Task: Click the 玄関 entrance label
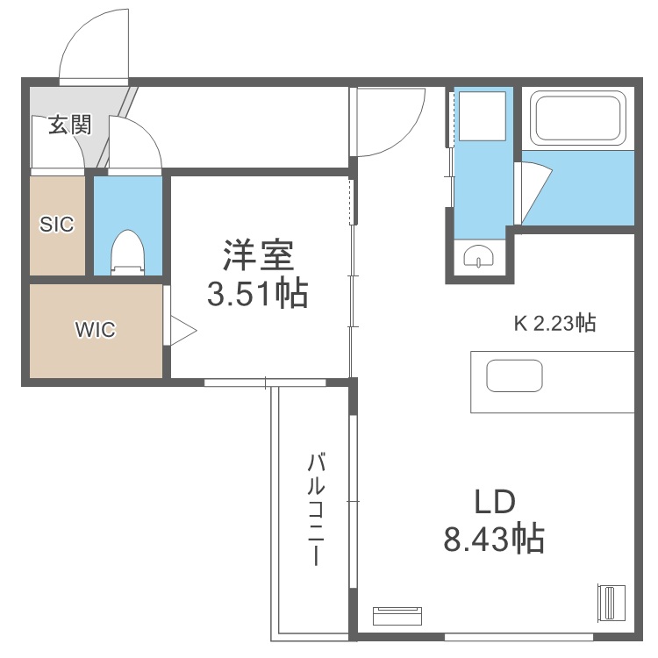[x=69, y=125]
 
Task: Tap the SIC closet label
[x=57, y=224]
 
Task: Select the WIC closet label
[x=96, y=330]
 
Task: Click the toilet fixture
[x=128, y=252]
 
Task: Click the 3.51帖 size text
[x=257, y=294]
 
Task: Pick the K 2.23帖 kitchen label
[x=554, y=323]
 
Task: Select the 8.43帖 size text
[x=494, y=537]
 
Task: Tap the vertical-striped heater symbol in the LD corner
[x=608, y=603]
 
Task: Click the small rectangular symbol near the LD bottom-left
[x=397, y=615]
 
